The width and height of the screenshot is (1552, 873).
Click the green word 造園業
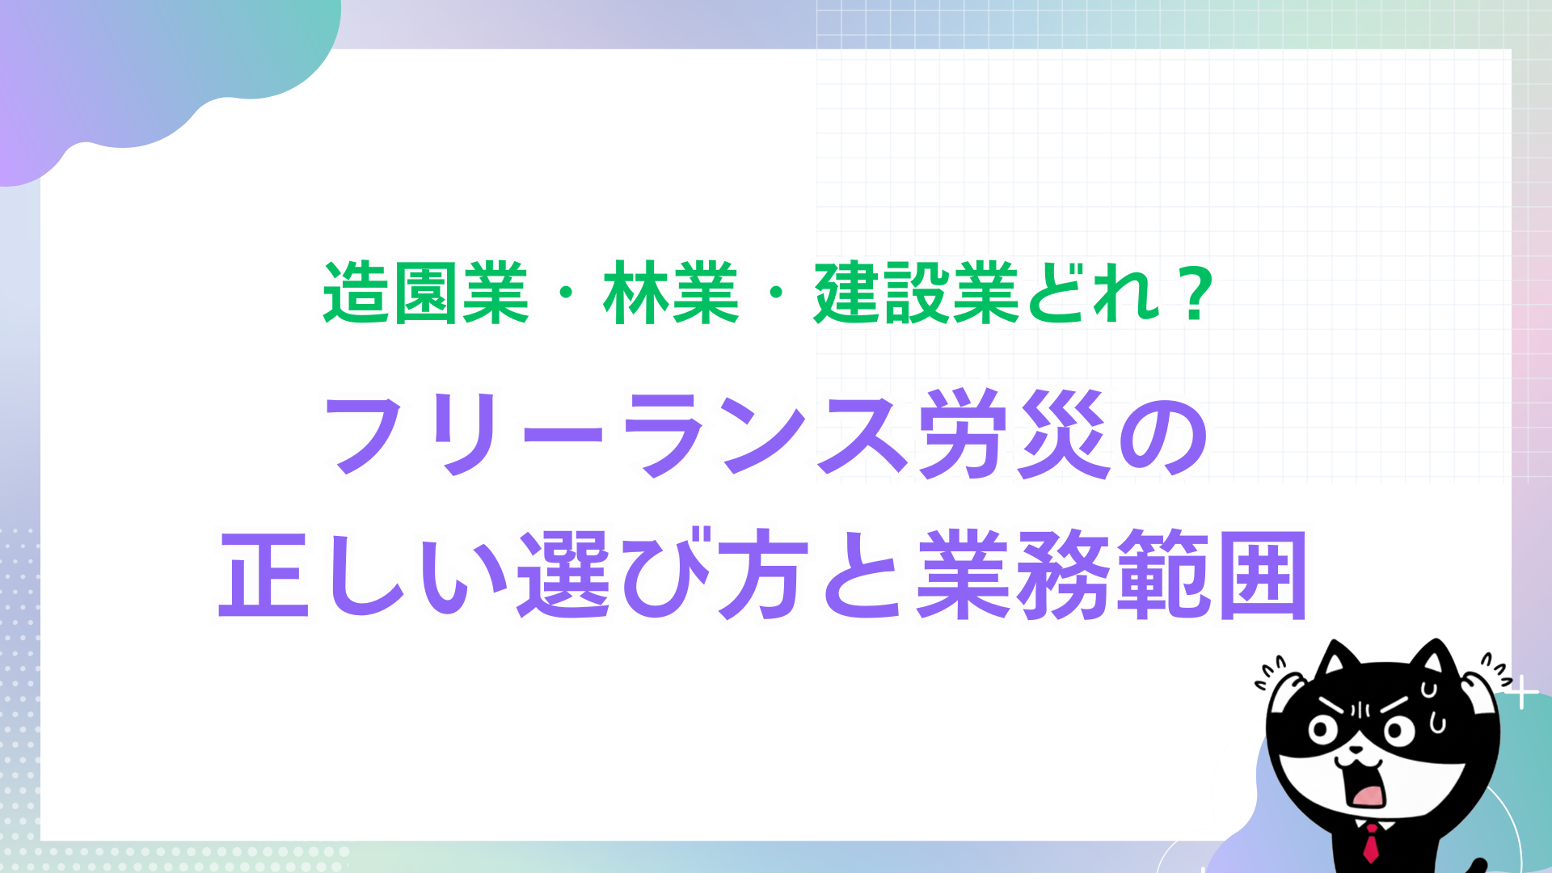[426, 293]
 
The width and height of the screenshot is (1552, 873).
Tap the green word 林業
[671, 293]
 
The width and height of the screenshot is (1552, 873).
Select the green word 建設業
[917, 293]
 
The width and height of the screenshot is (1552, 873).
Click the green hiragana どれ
[1092, 293]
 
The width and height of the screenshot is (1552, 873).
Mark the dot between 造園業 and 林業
[566, 294]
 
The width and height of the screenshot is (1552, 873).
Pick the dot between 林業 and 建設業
[776, 294]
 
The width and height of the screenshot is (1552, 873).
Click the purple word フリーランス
[618, 435]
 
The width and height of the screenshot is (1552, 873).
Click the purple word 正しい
[364, 576]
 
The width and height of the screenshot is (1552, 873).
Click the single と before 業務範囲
[862, 576]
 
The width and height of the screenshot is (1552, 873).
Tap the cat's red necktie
[1372, 842]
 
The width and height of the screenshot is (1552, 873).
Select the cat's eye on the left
[1323, 731]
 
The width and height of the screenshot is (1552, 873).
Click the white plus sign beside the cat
[1522, 693]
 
